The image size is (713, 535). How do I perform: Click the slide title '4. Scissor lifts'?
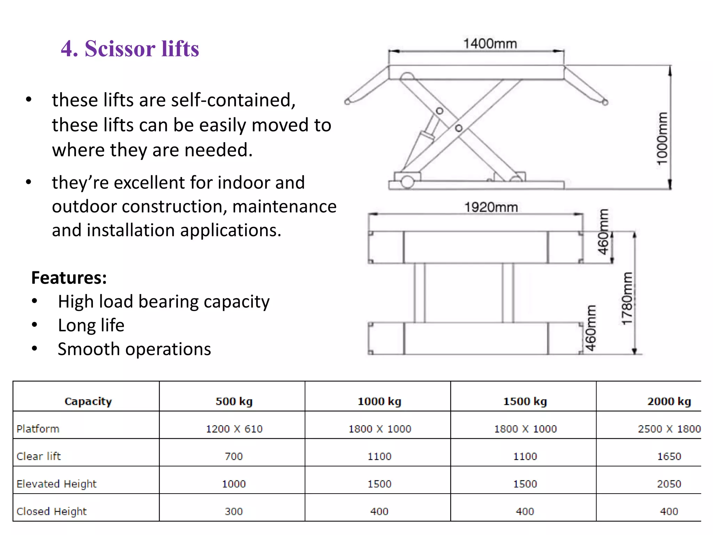coord(130,48)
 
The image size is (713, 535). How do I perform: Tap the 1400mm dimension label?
coord(490,44)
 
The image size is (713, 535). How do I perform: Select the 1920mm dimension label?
coord(491,207)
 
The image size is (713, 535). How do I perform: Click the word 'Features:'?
coord(69,278)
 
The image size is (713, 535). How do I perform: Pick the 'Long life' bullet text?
coord(91,325)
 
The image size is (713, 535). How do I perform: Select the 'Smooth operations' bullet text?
coord(134,349)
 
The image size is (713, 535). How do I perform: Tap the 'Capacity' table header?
coord(88,401)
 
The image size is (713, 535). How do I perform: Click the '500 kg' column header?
coord(234,401)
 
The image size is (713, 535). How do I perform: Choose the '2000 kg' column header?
coord(669,401)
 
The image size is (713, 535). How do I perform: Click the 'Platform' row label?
coord(38,429)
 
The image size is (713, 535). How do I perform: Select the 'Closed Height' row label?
coord(52,511)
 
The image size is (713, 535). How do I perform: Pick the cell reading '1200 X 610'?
coord(234,429)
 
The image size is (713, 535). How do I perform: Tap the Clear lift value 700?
coord(234,456)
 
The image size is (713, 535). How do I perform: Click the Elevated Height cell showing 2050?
coord(669,484)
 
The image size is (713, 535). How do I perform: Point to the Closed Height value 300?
coord(234,511)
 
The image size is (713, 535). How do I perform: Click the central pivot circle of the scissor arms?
coord(459,128)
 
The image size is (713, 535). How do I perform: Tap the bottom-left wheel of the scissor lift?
coord(407,181)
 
